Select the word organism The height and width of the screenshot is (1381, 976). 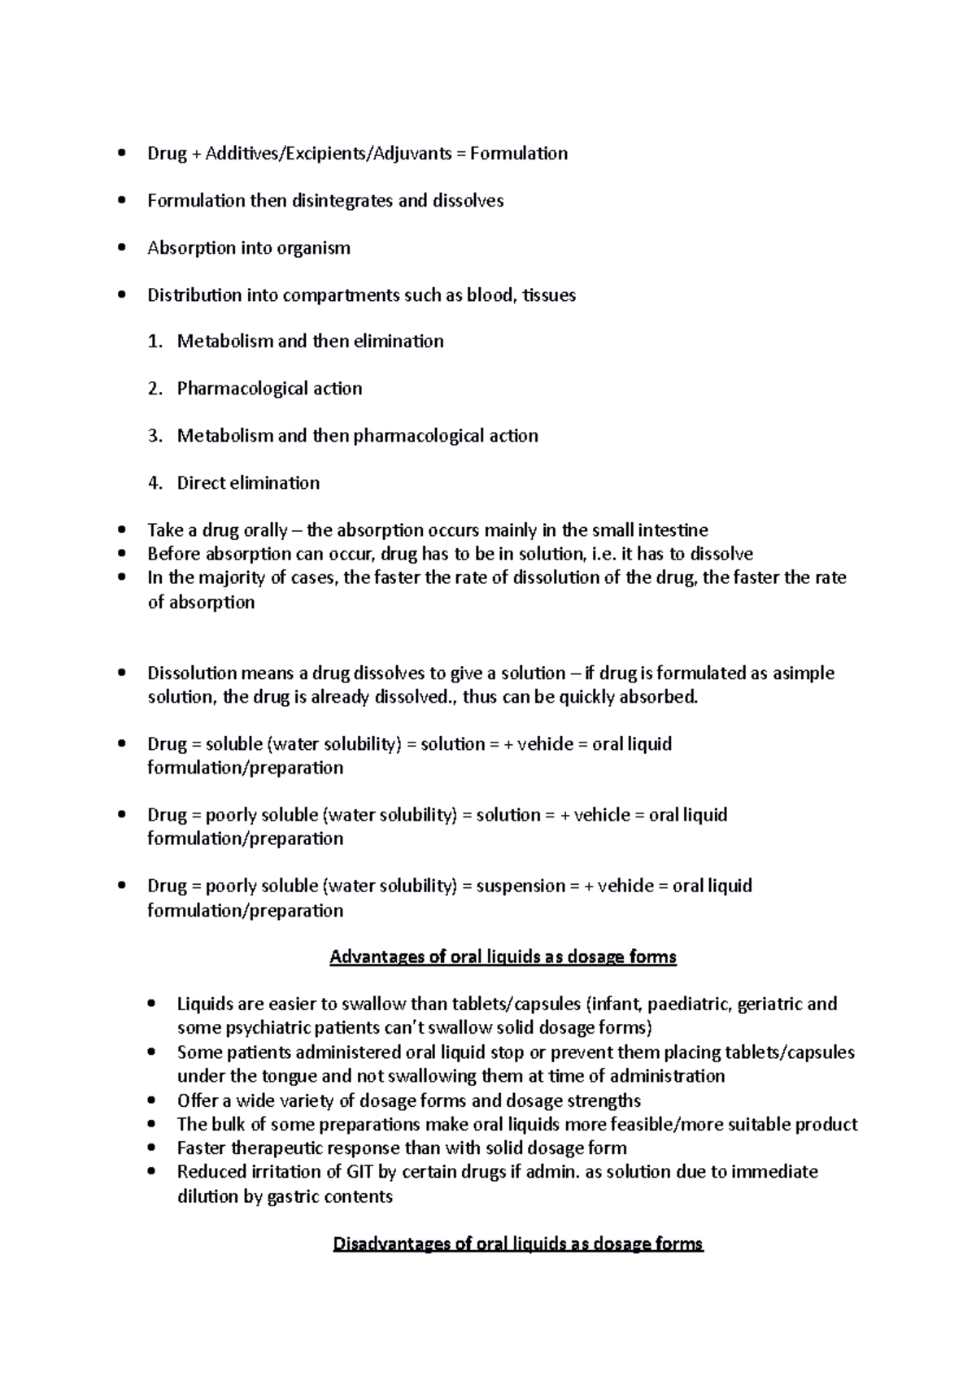313,248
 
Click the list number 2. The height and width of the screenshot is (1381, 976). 155,389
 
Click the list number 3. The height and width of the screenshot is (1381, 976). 155,436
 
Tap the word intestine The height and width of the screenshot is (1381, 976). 673,531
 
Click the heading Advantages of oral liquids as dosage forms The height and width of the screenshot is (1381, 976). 503,957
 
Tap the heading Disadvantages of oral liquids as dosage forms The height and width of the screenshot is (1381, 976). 518,1244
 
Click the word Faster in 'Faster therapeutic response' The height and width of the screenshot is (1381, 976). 202,1148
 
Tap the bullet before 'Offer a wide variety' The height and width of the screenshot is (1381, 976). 151,1101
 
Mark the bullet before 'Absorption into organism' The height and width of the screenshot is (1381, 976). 121,248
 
